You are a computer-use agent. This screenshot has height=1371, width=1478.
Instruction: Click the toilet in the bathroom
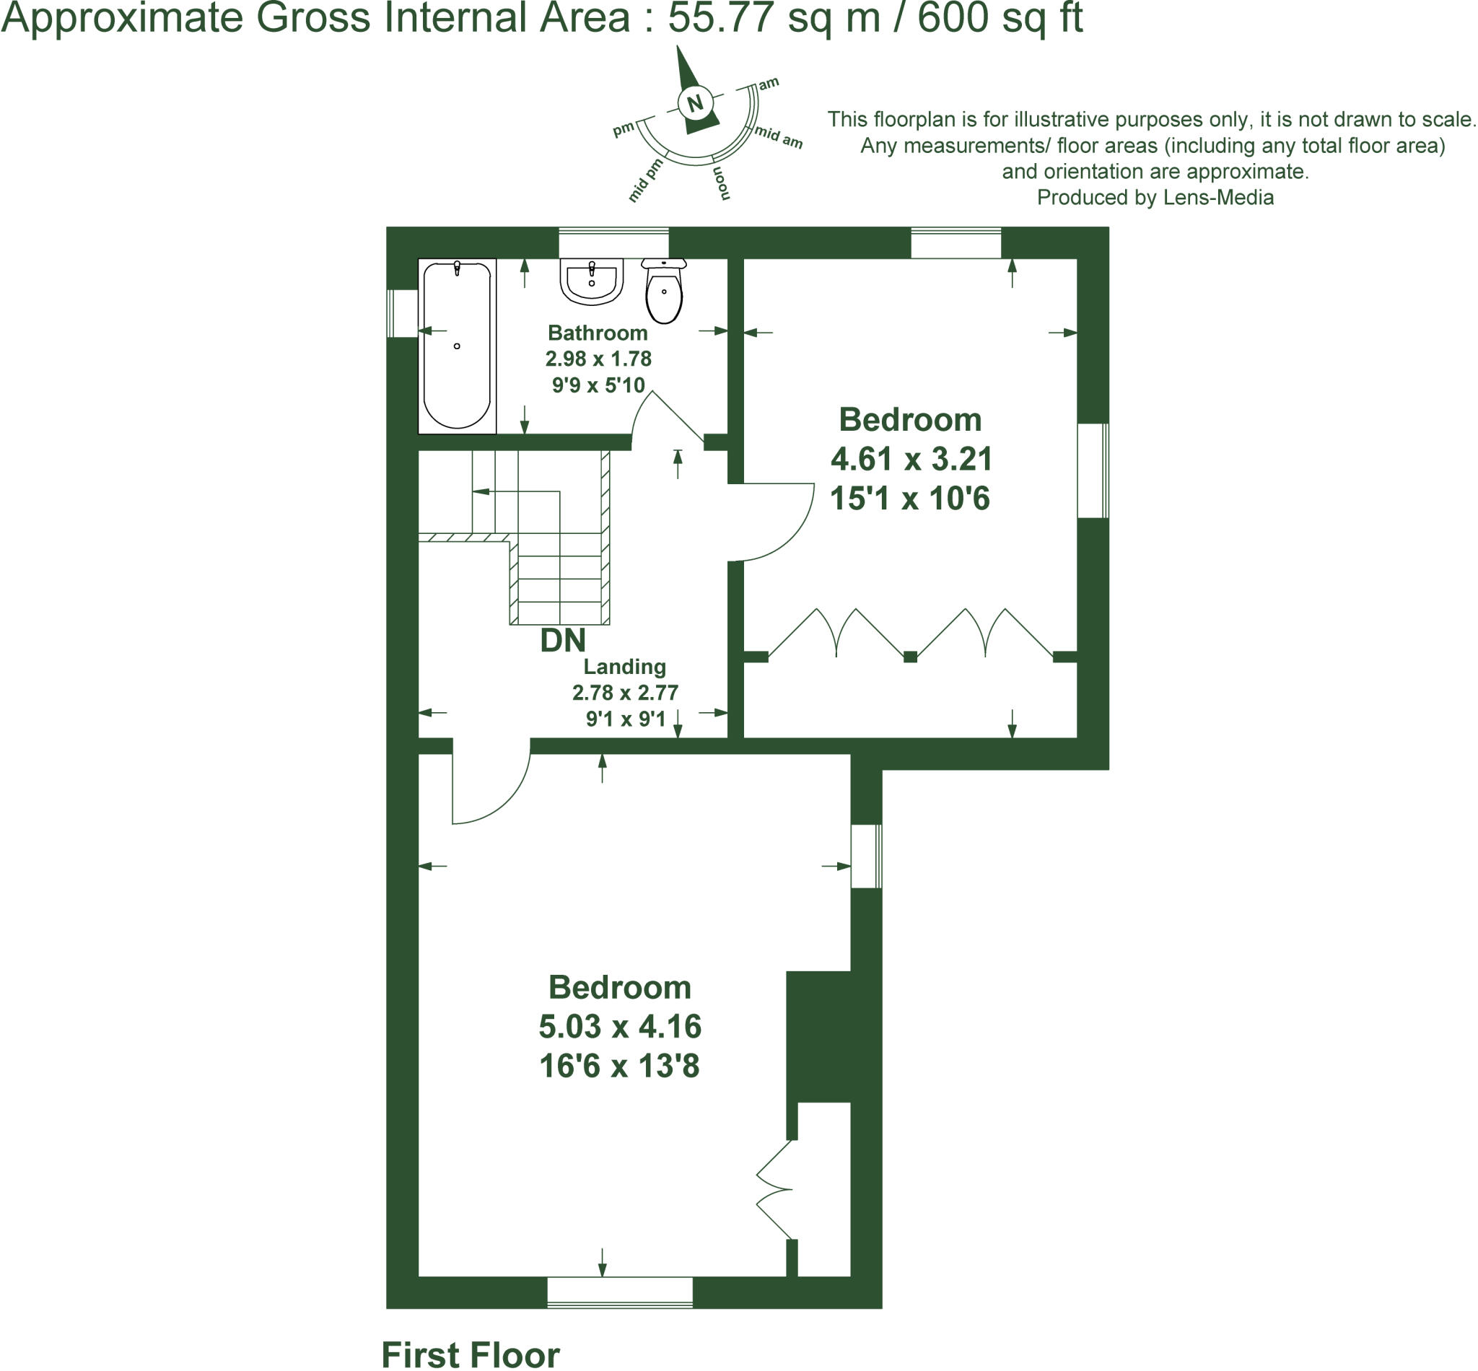664,292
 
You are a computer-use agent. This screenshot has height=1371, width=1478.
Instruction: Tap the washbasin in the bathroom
591,281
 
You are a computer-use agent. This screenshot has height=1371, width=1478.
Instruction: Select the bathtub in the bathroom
456,345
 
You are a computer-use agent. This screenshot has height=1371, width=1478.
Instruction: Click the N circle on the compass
695,103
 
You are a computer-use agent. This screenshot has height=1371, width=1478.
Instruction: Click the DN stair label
562,640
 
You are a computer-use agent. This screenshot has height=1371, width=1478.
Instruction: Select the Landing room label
624,666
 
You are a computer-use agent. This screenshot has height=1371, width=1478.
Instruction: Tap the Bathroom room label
598,333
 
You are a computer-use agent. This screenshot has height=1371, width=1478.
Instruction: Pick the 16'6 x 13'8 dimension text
618,1066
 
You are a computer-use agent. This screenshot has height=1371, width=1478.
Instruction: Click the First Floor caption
470,1354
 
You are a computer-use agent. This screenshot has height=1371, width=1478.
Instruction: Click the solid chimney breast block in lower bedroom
818,1036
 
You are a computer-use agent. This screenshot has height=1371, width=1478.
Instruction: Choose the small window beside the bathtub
403,313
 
